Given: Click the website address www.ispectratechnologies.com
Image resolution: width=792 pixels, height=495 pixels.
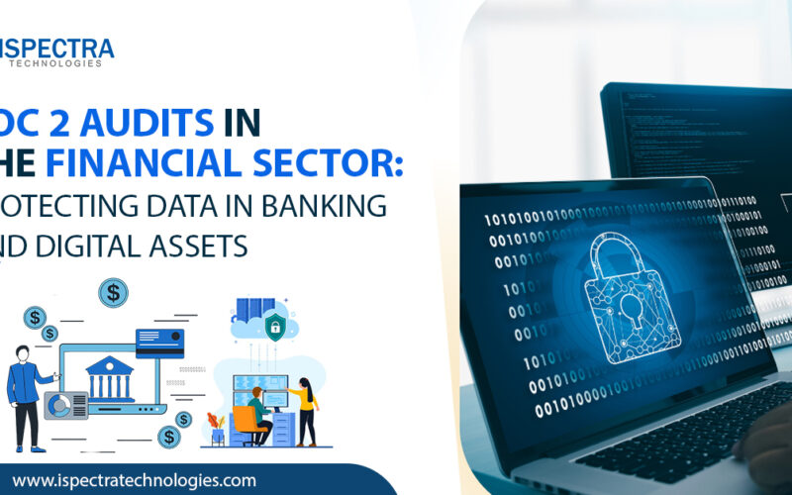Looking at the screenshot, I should pyautogui.click(x=134, y=480).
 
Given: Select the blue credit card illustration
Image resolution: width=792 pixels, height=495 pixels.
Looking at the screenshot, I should pyautogui.click(x=159, y=342).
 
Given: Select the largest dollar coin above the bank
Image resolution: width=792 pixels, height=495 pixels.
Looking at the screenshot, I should pyautogui.click(x=113, y=292).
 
